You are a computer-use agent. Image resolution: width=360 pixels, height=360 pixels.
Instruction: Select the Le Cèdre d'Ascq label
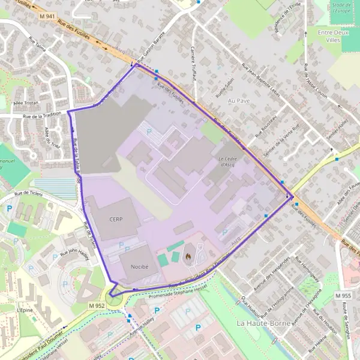226,160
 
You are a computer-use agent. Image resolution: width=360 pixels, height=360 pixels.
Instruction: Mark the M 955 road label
343,296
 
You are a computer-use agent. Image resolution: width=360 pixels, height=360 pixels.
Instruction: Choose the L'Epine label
25,310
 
